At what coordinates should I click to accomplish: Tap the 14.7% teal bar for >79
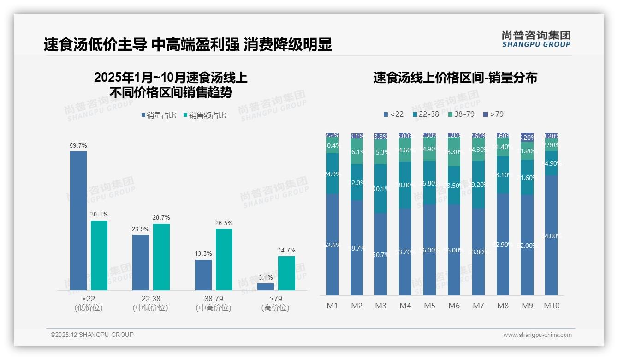[286, 273]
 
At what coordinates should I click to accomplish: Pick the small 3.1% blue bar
[266, 287]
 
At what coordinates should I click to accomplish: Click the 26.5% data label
[224, 223]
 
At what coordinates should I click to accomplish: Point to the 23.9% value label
[141, 229]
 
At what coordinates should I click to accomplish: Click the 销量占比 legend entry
[159, 115]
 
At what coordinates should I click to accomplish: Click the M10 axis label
[552, 306]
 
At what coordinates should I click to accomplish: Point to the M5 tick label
[429, 306]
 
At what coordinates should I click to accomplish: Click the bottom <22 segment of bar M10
[552, 235]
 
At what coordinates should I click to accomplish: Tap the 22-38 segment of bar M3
[380, 188]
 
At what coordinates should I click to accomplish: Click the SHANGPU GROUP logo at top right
[536, 39]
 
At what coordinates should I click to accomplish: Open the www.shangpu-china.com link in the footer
[537, 335]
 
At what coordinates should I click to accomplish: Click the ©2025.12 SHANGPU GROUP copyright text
[92, 335]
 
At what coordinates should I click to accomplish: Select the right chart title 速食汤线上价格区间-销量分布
[455, 78]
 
